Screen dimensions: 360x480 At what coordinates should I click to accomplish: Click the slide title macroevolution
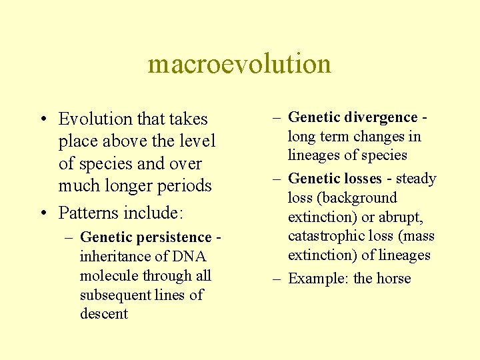pyautogui.click(x=239, y=65)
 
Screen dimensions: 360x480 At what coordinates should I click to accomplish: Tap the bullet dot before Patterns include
pyautogui.click(x=42, y=213)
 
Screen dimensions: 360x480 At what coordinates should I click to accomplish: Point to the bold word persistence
pyautogui.click(x=178, y=237)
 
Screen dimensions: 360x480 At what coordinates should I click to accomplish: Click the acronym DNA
pyautogui.click(x=189, y=257)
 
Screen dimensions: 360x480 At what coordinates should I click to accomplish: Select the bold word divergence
pyautogui.click(x=381, y=117)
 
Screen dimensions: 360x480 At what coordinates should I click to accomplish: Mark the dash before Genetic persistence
pyautogui.click(x=69, y=237)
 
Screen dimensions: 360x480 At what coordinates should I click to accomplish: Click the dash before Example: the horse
pyautogui.click(x=277, y=279)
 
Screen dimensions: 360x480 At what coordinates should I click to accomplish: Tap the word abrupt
pyautogui.click(x=400, y=217)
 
